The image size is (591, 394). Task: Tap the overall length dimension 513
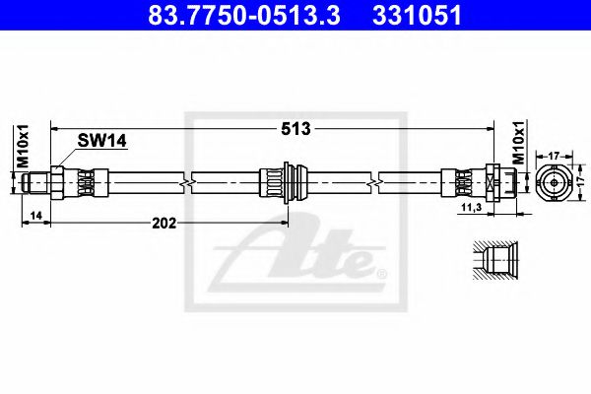[295, 129]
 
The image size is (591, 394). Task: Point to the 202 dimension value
[165, 224]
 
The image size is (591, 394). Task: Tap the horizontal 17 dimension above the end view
[554, 154]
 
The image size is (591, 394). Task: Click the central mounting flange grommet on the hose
[286, 183]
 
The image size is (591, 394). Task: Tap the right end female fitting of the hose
[492, 183]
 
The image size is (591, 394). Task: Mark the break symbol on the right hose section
[374, 183]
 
